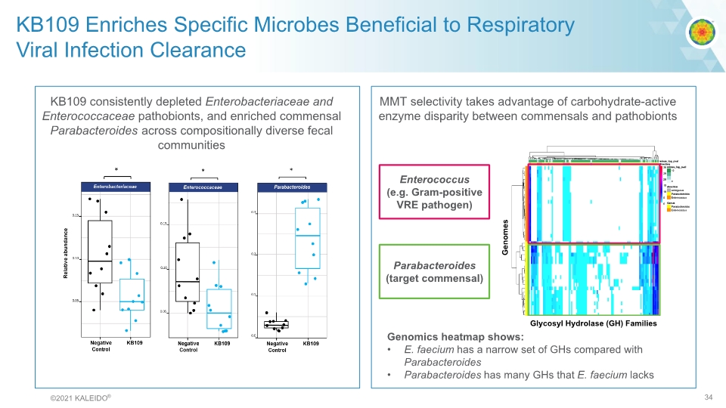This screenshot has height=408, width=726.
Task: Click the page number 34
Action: [x=709, y=398]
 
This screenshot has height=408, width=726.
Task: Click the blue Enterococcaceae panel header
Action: [x=202, y=186]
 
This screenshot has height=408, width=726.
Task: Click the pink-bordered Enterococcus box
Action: [x=434, y=192]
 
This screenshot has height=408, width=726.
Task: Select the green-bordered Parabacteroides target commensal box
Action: [x=434, y=271]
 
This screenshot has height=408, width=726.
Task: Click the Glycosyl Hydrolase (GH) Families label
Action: [x=593, y=323]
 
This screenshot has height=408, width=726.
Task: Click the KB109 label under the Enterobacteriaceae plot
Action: [x=135, y=343]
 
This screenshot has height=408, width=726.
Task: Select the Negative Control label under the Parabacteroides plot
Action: [x=277, y=346]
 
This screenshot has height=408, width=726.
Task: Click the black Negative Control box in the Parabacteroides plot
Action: [x=276, y=324]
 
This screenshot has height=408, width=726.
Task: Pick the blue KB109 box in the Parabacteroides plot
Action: [x=307, y=238]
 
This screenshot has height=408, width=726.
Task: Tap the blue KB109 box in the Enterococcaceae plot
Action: [x=219, y=301]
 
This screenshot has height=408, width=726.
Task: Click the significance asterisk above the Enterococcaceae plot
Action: [x=203, y=170]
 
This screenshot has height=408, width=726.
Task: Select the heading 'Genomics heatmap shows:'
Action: [x=455, y=337]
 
